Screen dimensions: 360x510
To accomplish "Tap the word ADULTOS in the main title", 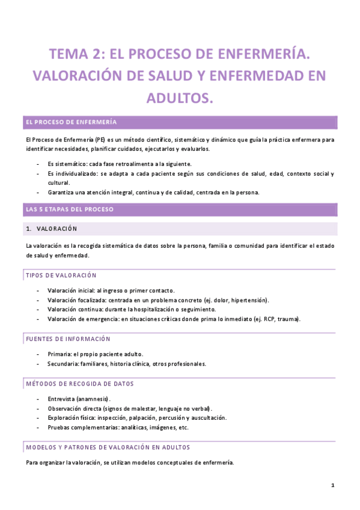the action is pyautogui.click(x=180, y=97).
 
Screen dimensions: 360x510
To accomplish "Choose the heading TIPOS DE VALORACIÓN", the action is pyautogui.click(x=61, y=275).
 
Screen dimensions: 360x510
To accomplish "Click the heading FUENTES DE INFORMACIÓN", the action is pyautogui.click(x=68, y=339).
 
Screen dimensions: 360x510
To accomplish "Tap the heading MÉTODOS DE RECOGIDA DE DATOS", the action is pyautogui.click(x=79, y=384).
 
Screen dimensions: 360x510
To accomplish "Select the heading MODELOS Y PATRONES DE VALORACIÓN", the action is pyautogui.click(x=108, y=447).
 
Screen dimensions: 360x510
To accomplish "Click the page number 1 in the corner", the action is pyautogui.click(x=332, y=485).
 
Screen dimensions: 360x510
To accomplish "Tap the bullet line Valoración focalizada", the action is pyautogui.click(x=158, y=300).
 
